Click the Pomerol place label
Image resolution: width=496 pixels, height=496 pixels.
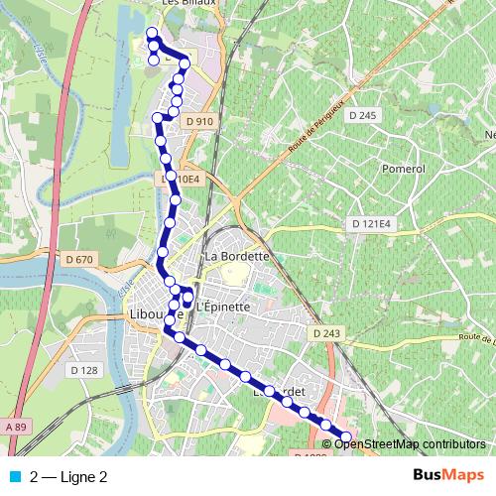pyautogui.click(x=402, y=169)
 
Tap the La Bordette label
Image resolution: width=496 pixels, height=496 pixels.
pyautogui.click(x=236, y=256)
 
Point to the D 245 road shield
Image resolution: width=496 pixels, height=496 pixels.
pyautogui.click(x=364, y=116)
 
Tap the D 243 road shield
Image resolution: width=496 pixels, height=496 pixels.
pyautogui.click(x=324, y=333)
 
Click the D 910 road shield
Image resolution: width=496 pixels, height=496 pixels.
pyautogui.click(x=198, y=121)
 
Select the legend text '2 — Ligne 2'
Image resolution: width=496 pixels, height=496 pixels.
pyautogui.click(x=68, y=476)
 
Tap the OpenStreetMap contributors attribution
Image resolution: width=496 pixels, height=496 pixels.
pyautogui.click(x=410, y=443)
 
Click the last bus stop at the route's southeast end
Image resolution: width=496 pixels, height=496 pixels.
pyautogui.click(x=346, y=436)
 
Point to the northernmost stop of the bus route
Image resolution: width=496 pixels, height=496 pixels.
pyautogui.click(x=152, y=34)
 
